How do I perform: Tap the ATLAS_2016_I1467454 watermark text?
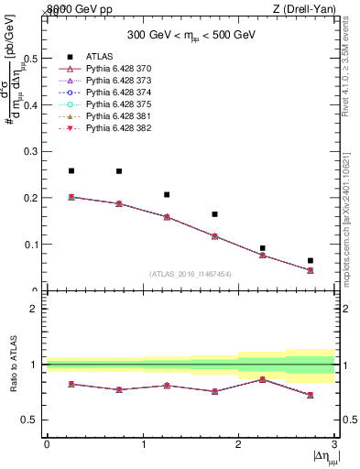[191, 274]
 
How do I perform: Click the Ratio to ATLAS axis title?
[12, 365]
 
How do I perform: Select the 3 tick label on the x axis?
[334, 445]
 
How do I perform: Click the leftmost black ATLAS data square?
[71, 171]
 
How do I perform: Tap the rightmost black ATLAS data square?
[311, 261]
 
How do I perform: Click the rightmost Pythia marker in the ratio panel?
[311, 395]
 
